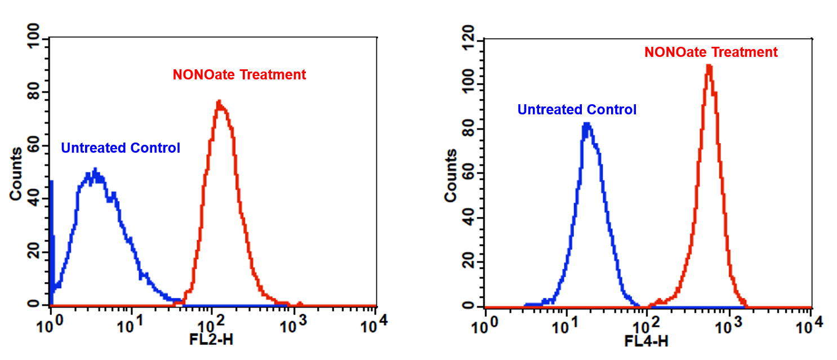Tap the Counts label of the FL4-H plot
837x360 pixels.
pyautogui.click(x=451, y=175)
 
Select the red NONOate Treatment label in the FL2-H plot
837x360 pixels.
pyautogui.click(x=239, y=74)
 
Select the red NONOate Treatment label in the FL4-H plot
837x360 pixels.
pyautogui.click(x=711, y=52)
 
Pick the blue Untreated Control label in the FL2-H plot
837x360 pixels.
pyautogui.click(x=121, y=148)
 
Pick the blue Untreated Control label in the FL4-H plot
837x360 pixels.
pyautogui.click(x=577, y=110)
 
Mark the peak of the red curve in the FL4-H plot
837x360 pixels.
pyautogui.click(x=709, y=66)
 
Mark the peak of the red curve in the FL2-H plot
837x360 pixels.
pyautogui.click(x=219, y=102)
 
